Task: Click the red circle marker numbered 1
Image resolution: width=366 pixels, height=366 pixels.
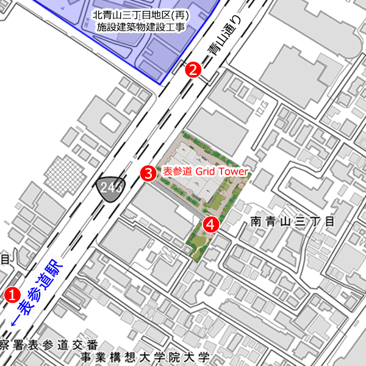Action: [x=11, y=294]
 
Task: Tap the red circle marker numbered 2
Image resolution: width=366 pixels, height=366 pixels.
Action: [x=193, y=70]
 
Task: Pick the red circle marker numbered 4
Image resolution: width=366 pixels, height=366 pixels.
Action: [x=210, y=224]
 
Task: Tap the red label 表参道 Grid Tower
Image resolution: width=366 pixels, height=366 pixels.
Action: [x=204, y=172]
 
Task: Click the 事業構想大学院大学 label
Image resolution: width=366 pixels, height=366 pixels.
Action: [x=146, y=358]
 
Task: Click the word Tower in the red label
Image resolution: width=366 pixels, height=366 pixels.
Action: [x=234, y=172]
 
